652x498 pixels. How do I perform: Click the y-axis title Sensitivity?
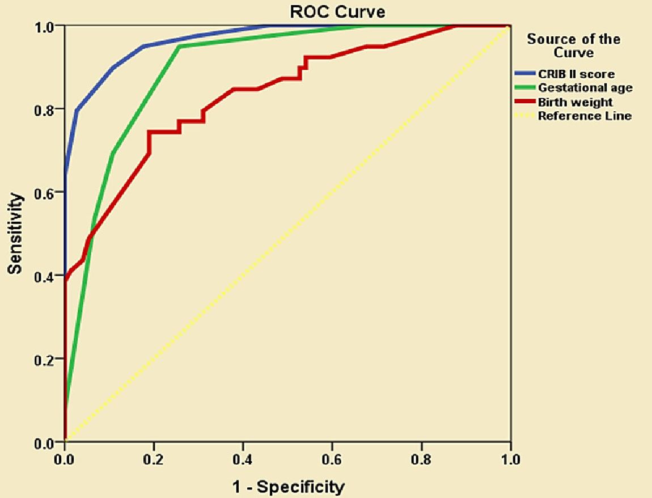coord(15,234)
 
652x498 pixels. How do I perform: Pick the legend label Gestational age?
coord(585,88)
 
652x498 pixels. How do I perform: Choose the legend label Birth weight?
coord(575,102)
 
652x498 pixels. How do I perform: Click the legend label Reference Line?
coord(585,116)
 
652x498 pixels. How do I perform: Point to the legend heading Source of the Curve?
coord(574,45)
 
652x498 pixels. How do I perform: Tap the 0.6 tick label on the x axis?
coord(332,458)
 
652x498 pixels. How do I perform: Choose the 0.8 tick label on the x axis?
coord(421,458)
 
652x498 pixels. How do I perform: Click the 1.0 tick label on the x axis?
coord(510,458)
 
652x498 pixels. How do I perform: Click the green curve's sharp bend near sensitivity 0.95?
coord(179,47)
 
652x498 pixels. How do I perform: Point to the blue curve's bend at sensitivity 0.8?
coord(77,109)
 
